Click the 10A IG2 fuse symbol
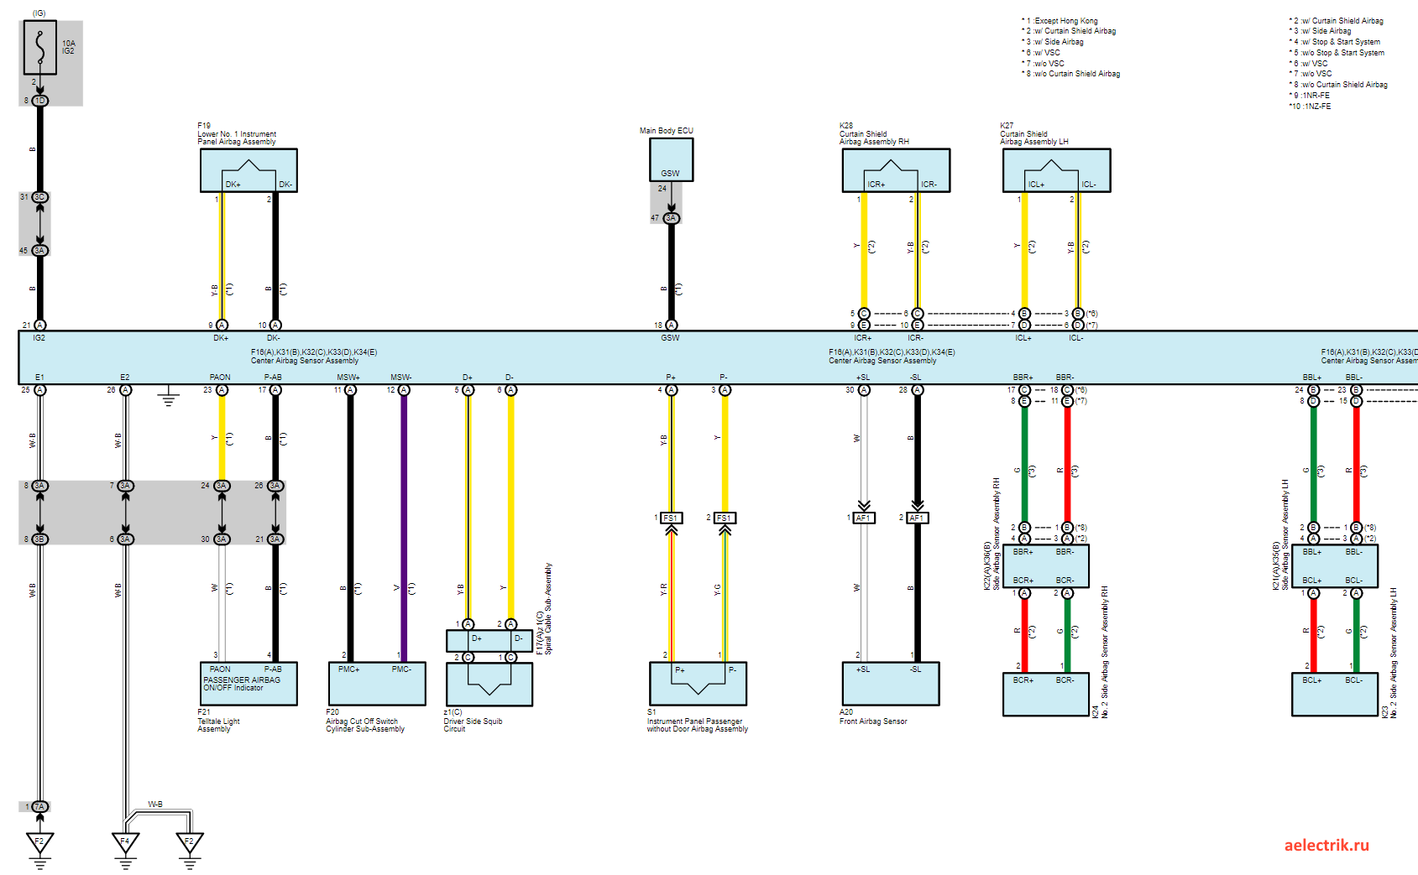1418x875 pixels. click(x=40, y=48)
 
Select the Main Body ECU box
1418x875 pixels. click(x=671, y=159)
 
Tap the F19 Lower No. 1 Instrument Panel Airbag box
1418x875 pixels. click(x=249, y=170)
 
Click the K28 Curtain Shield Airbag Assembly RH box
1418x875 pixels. click(x=896, y=170)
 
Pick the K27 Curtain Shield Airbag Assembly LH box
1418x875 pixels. click(x=1056, y=170)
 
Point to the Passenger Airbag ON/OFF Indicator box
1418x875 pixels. click(x=249, y=684)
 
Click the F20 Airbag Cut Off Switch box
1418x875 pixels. click(x=377, y=684)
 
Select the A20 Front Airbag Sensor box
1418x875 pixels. click(x=890, y=684)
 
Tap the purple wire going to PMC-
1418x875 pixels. click(x=404, y=520)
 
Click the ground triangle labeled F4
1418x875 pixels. click(x=125, y=841)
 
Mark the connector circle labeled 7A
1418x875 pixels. click(x=39, y=807)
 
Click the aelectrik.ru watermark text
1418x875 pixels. click(x=1326, y=845)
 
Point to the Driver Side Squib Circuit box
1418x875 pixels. click(x=489, y=684)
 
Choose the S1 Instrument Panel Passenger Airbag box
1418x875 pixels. click(x=698, y=684)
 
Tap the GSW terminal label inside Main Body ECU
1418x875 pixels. click(x=670, y=174)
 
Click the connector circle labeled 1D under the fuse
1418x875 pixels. click(x=39, y=101)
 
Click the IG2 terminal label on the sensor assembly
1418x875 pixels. click(x=39, y=338)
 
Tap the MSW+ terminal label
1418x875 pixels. click(x=348, y=378)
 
